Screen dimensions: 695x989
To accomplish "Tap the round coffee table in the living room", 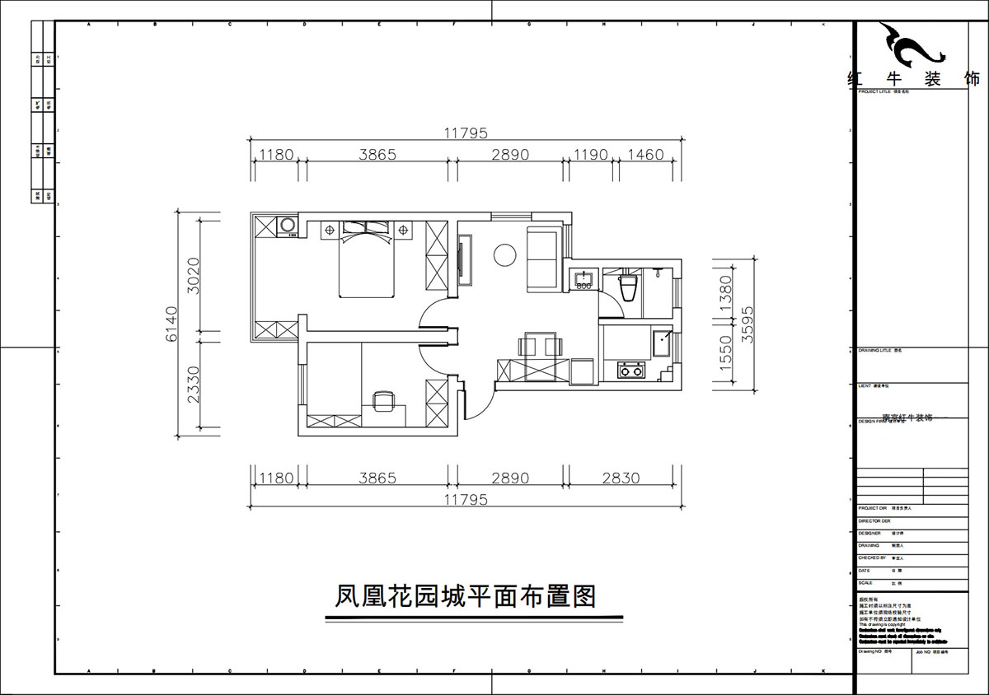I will pos(504,254).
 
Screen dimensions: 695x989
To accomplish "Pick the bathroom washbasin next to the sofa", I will pos(584,281).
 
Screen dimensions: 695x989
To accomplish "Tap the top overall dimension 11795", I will pos(466,133).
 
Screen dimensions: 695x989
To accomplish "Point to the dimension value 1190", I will pos(590,154).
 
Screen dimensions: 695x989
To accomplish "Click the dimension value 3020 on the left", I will pos(192,275).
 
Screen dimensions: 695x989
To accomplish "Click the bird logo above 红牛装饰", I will pos(910,46).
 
